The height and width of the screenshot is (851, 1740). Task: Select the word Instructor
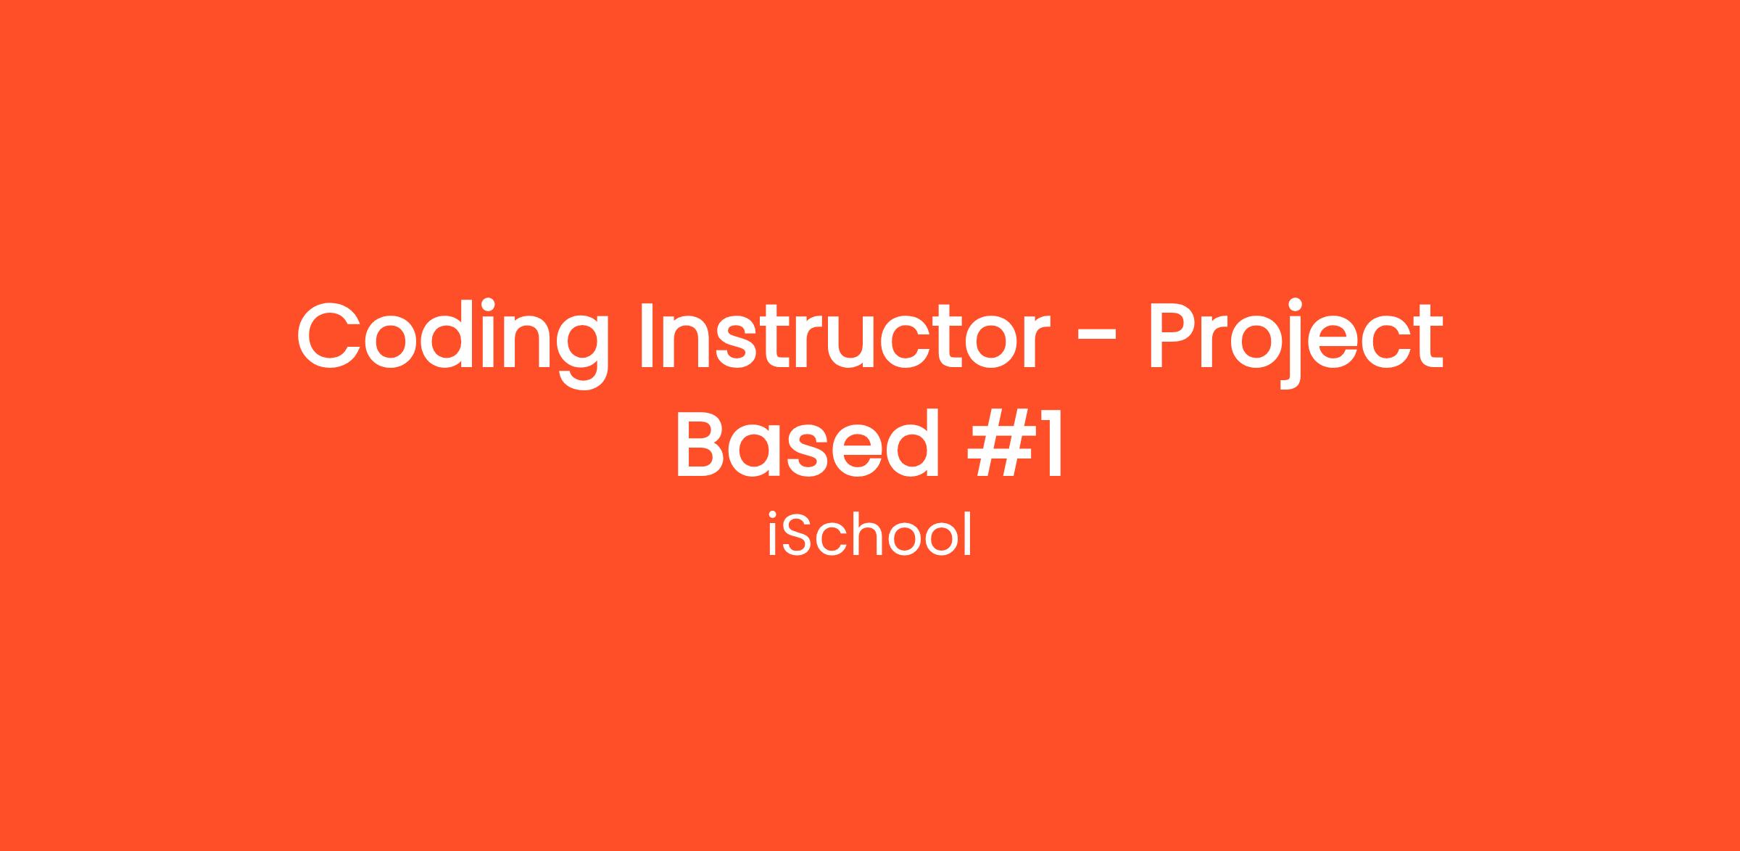click(x=845, y=335)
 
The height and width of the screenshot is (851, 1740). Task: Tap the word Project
click(x=1295, y=342)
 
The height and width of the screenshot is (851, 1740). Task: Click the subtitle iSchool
click(x=869, y=534)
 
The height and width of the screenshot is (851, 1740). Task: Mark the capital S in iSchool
click(x=797, y=535)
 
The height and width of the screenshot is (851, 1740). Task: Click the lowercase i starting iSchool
click(x=773, y=535)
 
